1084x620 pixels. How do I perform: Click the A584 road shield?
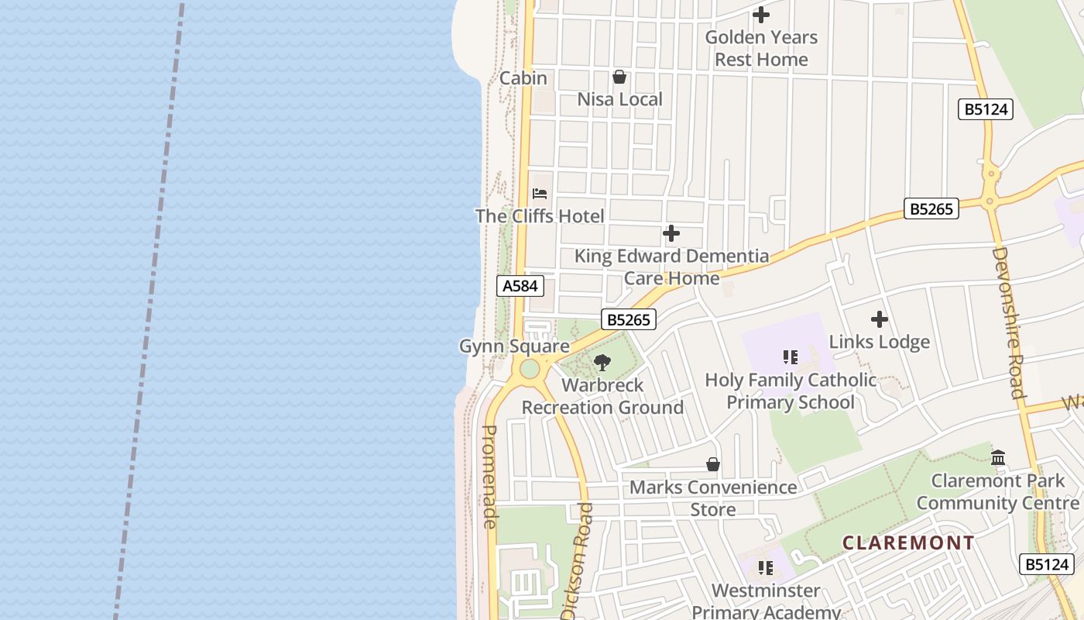point(520,286)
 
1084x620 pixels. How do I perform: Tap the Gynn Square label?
point(514,346)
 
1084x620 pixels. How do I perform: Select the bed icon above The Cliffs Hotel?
point(540,194)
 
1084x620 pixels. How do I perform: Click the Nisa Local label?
point(619,99)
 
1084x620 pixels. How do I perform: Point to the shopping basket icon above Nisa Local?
point(619,77)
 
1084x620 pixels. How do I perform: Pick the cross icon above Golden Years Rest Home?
point(761,15)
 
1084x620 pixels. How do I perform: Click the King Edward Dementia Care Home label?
point(671,267)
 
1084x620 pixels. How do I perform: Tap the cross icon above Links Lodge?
point(879,319)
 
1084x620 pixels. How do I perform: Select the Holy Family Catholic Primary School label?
point(791,391)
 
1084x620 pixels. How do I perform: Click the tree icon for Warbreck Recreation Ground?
point(602,363)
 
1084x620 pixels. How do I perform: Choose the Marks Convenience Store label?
point(712,498)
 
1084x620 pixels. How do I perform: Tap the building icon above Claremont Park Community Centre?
point(998,458)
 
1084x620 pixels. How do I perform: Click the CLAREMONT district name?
point(908,542)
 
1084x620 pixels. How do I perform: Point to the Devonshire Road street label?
point(1008,322)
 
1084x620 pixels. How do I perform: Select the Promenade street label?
point(489,477)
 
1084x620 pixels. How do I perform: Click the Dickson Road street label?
point(578,560)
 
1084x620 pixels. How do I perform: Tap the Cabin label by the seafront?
point(523,78)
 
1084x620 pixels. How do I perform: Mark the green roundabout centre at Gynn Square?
point(530,369)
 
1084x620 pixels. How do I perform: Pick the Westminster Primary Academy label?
point(766,601)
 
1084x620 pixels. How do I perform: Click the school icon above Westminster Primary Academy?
point(766,568)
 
